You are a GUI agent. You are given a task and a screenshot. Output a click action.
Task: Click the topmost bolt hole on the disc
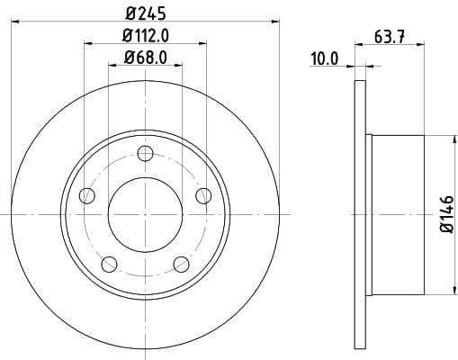pos(145,154)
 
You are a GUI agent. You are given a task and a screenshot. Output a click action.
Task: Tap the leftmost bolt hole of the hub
pos(87,195)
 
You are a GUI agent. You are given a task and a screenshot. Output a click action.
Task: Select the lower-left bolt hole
pos(110,264)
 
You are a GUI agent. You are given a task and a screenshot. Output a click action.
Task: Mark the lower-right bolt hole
pos(181,264)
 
